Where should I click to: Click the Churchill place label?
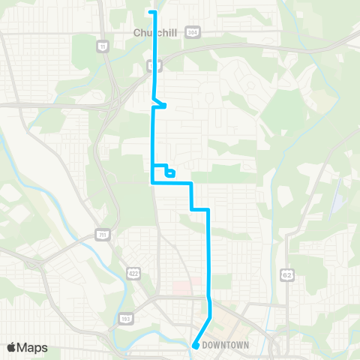(153, 32)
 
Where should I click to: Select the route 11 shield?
(102, 46)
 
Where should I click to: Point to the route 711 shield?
(101, 235)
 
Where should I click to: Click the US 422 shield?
(133, 269)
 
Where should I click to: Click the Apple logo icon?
(13, 347)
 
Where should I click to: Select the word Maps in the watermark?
(34, 347)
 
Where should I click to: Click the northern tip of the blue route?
(154, 13)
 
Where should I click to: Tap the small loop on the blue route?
(170, 173)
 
